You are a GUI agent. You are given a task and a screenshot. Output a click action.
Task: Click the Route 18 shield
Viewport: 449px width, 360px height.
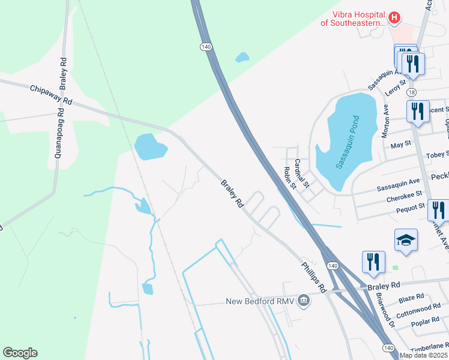pyautogui.click(x=411, y=92)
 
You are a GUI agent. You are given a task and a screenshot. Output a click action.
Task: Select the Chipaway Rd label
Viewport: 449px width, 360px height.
pyautogui.click(x=51, y=95)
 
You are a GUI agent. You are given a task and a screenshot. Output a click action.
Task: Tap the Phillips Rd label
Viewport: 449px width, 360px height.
pyautogui.click(x=313, y=275)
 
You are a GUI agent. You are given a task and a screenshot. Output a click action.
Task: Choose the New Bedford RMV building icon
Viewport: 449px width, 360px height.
pyautogui.click(x=304, y=300)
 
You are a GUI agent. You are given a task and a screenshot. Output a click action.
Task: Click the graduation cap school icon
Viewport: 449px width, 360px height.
pyautogui.click(x=406, y=241)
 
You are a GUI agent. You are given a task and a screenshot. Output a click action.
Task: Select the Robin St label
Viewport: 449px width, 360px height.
pyautogui.click(x=290, y=178)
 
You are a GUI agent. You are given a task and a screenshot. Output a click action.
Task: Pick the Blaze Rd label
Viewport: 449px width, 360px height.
pyautogui.click(x=411, y=297)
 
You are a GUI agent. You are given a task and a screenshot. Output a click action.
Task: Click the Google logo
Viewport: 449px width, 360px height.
pyautogui.click(x=20, y=353)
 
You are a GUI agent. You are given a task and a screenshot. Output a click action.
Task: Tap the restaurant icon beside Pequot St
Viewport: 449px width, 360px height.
pyautogui.click(x=439, y=211)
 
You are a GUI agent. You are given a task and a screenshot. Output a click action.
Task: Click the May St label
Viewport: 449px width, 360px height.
pyautogui.click(x=400, y=144)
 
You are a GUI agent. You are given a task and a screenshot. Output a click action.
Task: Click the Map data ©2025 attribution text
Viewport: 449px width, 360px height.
pyautogui.click(x=424, y=355)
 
